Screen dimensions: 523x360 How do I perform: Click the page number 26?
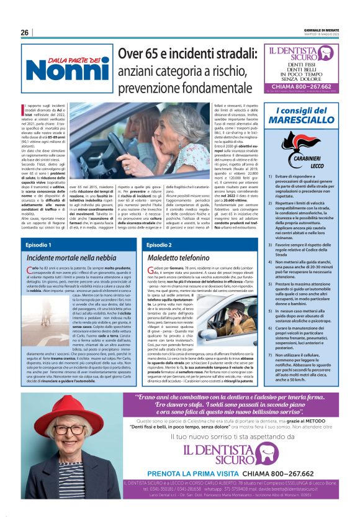click(x=25, y=32)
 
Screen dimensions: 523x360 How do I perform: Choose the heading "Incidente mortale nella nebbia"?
click(x=71, y=257)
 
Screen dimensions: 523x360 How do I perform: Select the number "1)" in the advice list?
click(x=282, y=177)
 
